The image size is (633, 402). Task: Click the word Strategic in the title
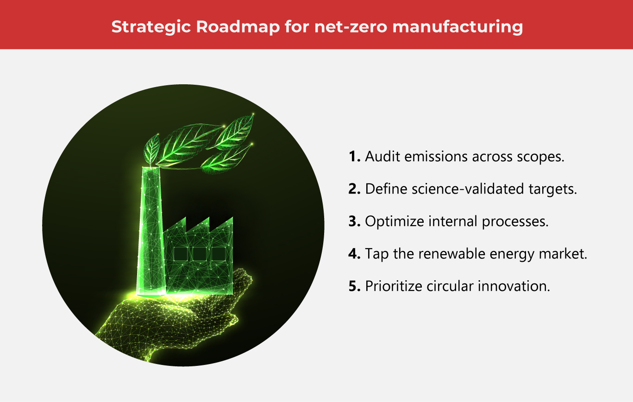coord(150,26)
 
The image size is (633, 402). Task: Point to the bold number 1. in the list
coord(355,157)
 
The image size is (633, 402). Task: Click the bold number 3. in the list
coord(355,221)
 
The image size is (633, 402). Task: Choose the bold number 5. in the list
coord(355,286)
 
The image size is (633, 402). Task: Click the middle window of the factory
coord(200,254)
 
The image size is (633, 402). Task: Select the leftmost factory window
coord(181,254)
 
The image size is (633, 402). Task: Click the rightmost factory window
coord(219,254)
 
